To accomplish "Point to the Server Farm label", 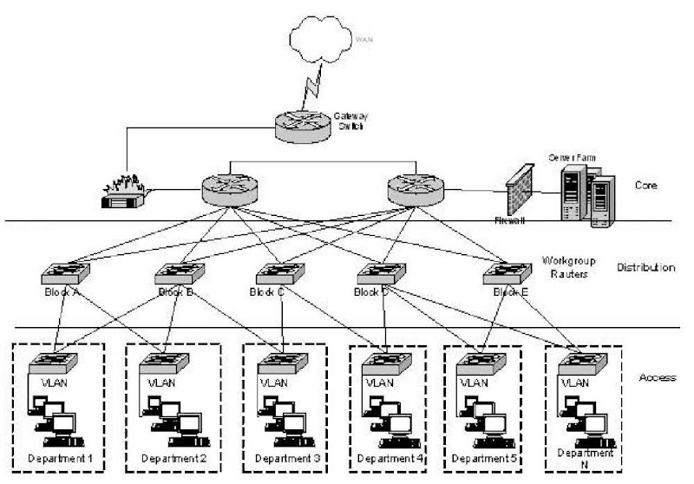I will point(570,157).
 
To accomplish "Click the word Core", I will point(645,186).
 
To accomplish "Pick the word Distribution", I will point(645,267).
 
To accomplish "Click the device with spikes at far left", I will point(123,195).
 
